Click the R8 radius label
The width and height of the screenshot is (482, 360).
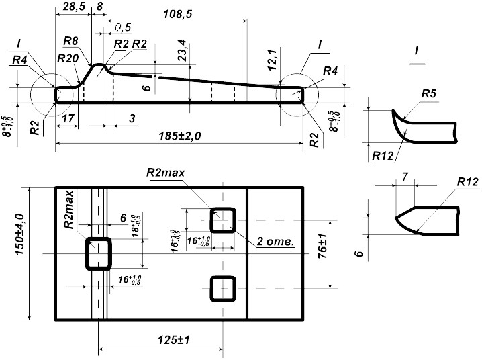tap(73, 42)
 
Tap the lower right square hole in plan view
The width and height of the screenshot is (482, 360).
tap(223, 289)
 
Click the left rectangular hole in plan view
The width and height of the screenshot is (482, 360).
tap(99, 253)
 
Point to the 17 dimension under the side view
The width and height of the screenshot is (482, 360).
tap(67, 118)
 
